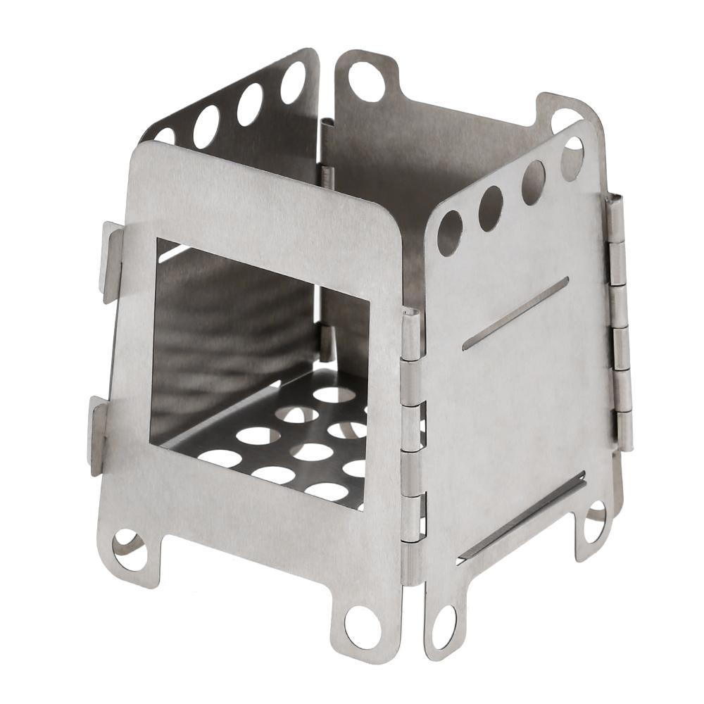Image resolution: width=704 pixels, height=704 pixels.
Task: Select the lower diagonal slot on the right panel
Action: point(521,517)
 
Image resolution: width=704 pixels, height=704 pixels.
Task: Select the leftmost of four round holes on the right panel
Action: point(450,233)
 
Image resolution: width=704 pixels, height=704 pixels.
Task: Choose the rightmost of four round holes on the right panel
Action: point(572,158)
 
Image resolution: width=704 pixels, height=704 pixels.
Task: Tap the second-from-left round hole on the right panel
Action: point(491,208)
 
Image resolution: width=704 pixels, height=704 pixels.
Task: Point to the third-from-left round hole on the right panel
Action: point(533,182)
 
